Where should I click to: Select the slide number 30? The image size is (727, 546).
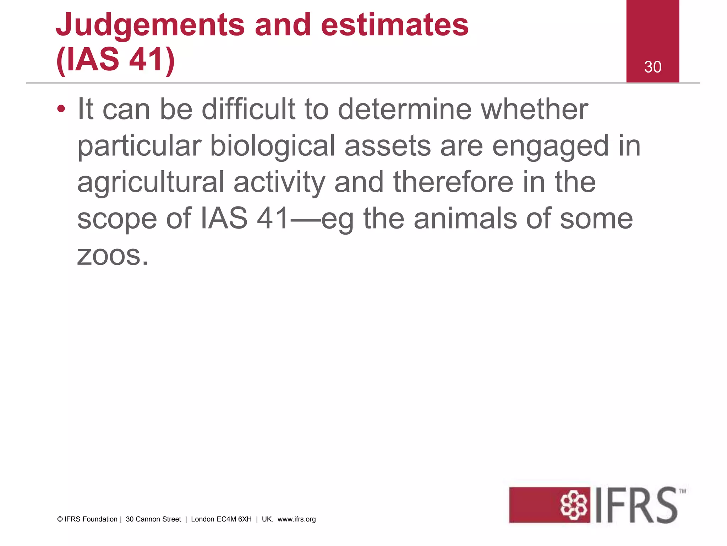[653, 67]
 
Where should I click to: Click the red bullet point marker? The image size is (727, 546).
[61, 109]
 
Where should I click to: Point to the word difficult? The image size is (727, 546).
[248, 109]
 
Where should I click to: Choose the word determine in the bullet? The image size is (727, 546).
[405, 109]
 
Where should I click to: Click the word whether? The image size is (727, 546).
[534, 109]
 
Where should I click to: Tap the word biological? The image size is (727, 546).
[273, 146]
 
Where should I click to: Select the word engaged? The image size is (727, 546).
[551, 146]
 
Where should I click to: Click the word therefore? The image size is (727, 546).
[453, 182]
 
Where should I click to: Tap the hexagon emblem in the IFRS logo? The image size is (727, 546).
[574, 505]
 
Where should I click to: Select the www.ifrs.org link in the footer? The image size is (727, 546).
[296, 519]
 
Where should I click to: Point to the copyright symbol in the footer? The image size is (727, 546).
[60, 519]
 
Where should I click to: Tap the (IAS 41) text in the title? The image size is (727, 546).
[115, 59]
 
